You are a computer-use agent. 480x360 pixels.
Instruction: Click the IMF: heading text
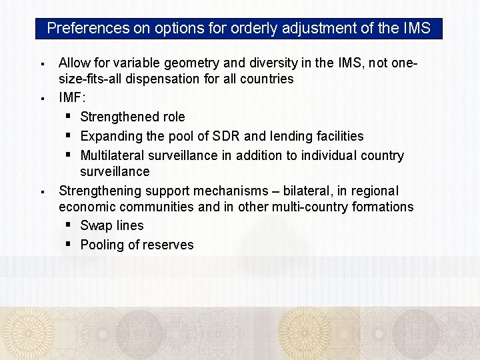coord(72,97)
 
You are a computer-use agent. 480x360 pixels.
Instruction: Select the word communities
coord(157,207)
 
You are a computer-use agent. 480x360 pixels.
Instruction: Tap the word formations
coord(378,207)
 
